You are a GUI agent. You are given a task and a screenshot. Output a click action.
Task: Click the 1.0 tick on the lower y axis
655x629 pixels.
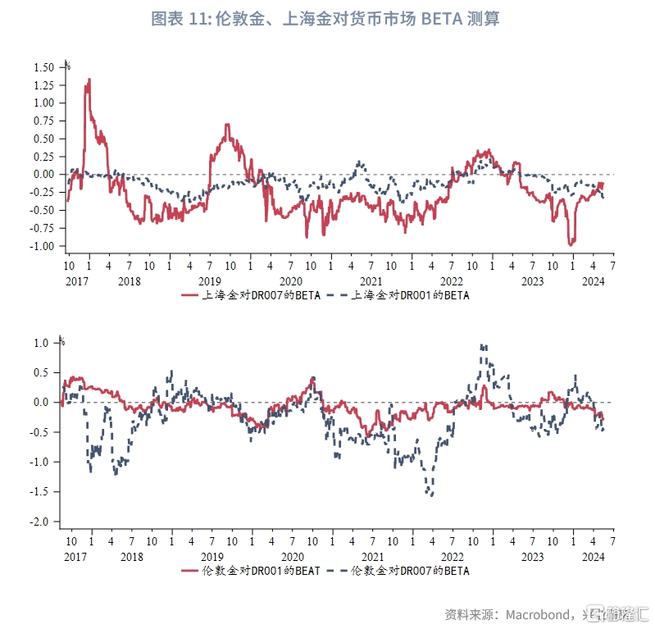click(47, 343)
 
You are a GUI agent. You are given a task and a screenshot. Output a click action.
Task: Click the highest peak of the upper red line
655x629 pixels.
click(89, 79)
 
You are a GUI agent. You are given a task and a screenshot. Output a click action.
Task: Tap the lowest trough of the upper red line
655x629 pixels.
click(571, 244)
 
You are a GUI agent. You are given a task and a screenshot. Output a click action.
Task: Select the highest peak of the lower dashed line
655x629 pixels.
click(482, 345)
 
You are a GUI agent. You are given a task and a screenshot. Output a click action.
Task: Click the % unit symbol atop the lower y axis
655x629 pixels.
click(61, 340)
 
